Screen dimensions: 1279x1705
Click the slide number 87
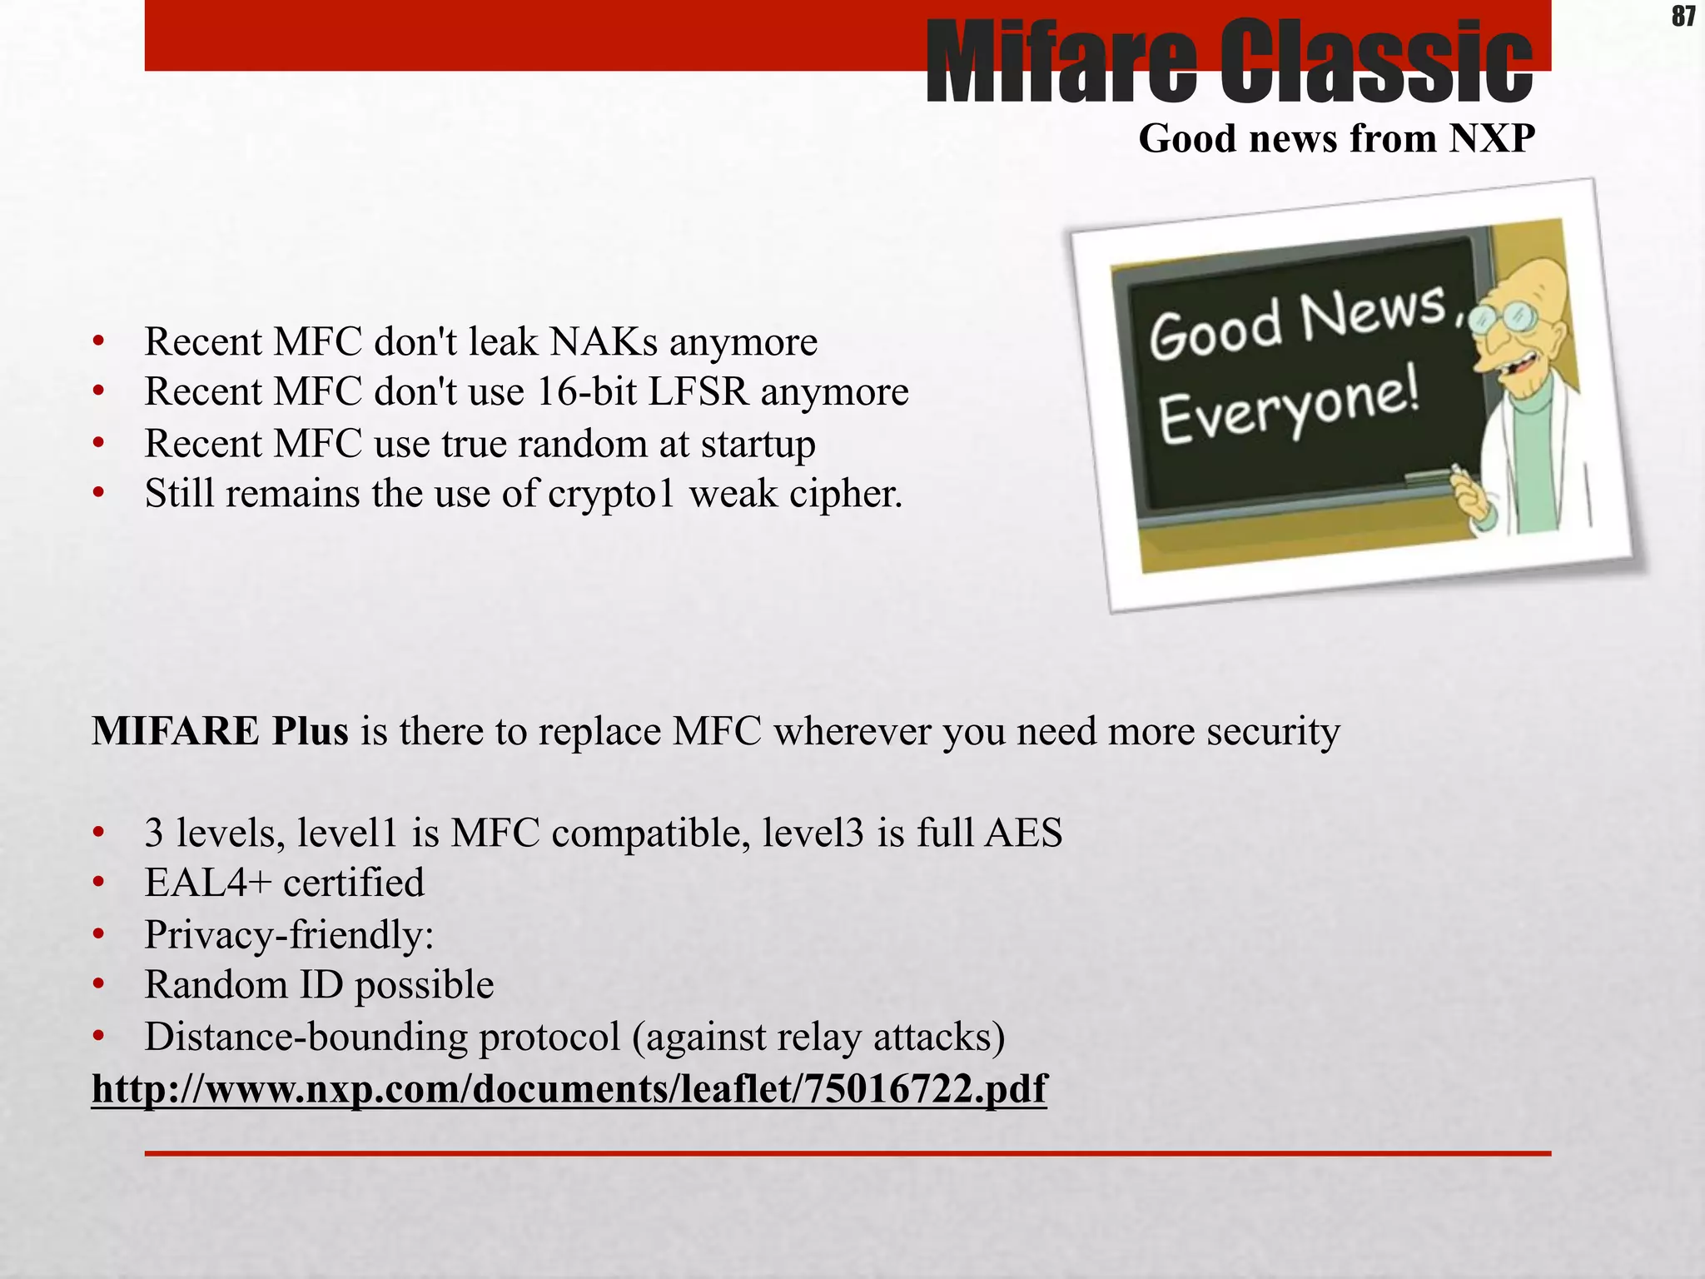(x=1683, y=16)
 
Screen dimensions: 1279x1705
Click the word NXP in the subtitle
(x=1491, y=138)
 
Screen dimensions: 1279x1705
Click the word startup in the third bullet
(x=758, y=444)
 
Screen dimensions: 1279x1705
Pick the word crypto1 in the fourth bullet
(x=610, y=494)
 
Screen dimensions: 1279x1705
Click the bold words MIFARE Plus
(x=220, y=731)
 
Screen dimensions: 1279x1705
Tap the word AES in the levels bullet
(x=1023, y=833)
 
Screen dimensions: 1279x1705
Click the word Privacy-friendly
(x=289, y=934)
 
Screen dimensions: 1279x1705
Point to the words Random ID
(x=244, y=985)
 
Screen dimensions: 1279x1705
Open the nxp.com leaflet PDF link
(x=569, y=1088)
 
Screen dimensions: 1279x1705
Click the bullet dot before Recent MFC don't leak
(x=99, y=341)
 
